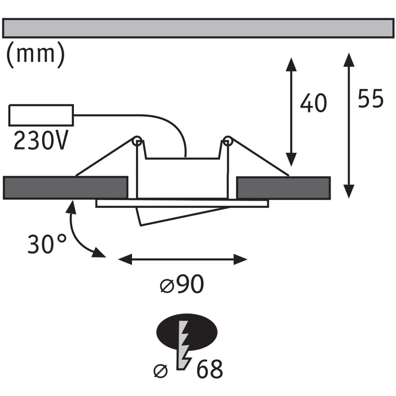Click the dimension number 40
[313, 103]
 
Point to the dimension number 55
[371, 98]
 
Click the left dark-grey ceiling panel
[65, 188]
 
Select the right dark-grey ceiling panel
[283, 188]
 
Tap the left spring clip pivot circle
[137, 141]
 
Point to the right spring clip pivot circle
[227, 141]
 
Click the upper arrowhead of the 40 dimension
[291, 63]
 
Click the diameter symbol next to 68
[161, 371]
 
